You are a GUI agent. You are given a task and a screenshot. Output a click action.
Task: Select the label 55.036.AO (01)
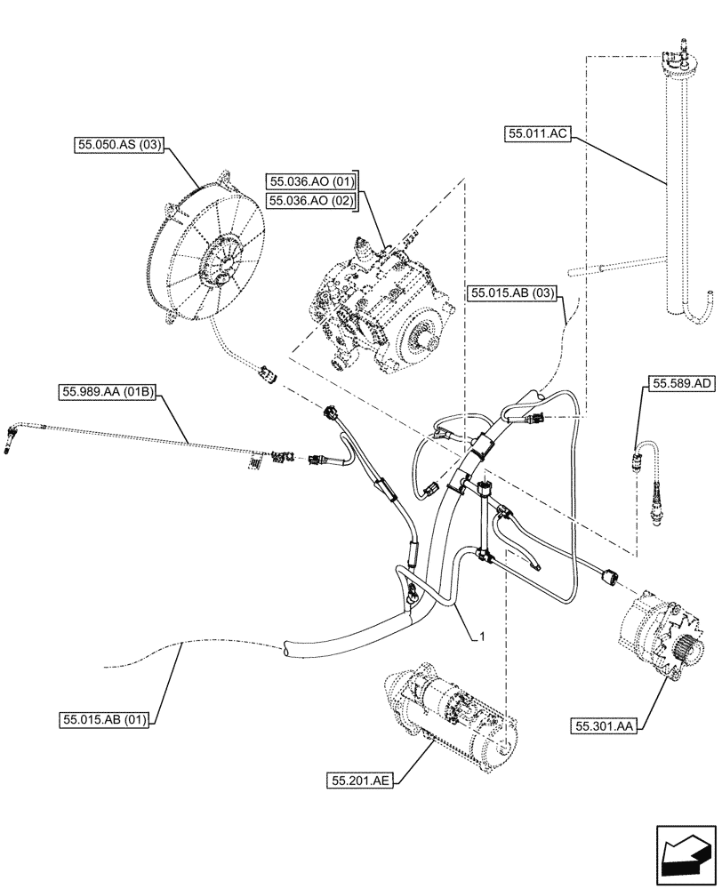pos(310,182)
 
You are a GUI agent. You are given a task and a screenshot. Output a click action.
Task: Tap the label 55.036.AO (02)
pos(310,201)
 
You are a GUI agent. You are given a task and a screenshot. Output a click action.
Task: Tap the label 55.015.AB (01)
pos(104,717)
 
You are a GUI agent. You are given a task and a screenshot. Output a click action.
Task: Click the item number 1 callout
pos(481,636)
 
